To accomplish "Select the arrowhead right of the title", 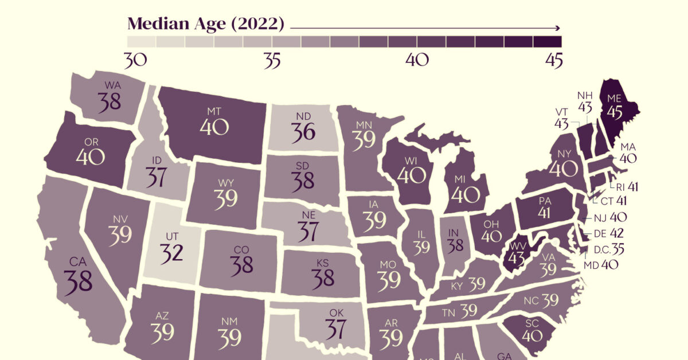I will [x=557, y=27].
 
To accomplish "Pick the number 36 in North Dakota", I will [x=302, y=132].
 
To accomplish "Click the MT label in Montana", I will [x=212, y=110].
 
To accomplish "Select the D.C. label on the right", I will [x=601, y=250].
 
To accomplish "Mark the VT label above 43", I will [x=562, y=112].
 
